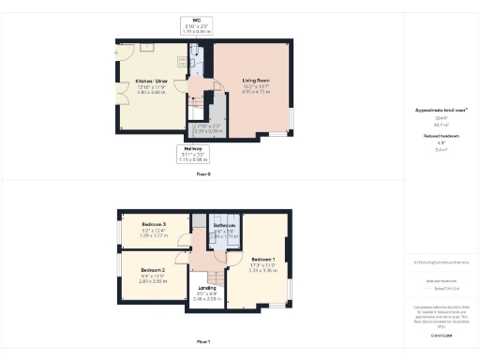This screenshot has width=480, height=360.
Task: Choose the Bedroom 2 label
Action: [x=153, y=270]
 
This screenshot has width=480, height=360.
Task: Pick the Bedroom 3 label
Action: [x=153, y=225]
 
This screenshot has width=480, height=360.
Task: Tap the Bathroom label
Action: [x=223, y=226]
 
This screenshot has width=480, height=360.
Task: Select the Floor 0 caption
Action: [x=203, y=174]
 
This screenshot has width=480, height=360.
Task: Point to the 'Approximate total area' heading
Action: [x=441, y=110]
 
